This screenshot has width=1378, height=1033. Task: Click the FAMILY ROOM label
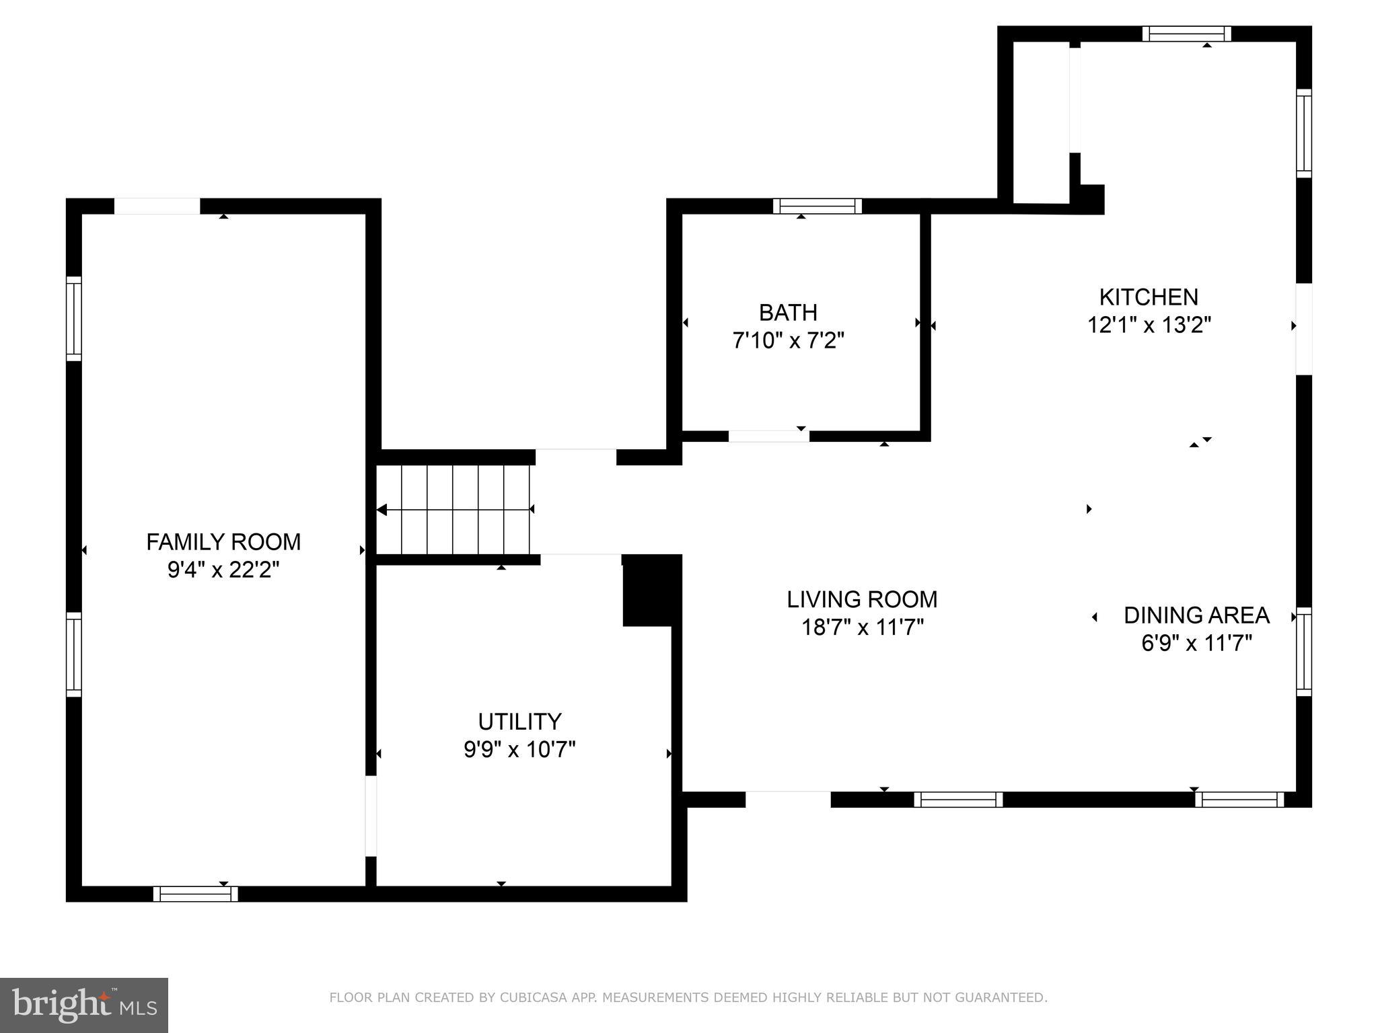223,541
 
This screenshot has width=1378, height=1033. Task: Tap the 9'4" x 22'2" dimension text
223,570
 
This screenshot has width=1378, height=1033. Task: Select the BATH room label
788,312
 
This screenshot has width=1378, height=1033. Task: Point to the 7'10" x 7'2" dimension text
788,341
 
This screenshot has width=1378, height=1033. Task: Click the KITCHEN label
1149,297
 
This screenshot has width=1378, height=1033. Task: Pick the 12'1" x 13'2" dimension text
1149,326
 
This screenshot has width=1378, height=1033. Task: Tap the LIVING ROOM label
862,599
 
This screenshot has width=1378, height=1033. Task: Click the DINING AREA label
1196,615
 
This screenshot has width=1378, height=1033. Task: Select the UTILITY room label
519,721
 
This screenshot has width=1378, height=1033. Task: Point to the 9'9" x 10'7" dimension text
519,749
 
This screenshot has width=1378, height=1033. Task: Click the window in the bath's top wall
817,206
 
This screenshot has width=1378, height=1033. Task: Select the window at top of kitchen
1186,34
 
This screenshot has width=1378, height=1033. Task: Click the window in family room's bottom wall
195,894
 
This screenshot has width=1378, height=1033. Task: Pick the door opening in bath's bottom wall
768,436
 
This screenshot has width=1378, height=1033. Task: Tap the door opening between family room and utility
371,816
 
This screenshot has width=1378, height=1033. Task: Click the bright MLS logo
84,1005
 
